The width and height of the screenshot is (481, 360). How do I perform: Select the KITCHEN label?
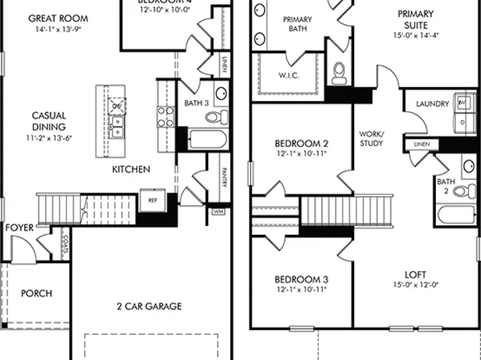[x=131, y=170]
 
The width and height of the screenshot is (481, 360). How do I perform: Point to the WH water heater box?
[x=216, y=211]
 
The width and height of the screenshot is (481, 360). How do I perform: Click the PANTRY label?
[x=223, y=176]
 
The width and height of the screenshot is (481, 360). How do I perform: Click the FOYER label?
[x=19, y=228]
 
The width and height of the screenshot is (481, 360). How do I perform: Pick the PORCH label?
[x=36, y=294]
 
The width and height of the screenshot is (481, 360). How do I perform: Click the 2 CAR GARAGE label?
[x=149, y=306]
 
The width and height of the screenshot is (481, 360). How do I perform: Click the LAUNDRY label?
[x=432, y=104]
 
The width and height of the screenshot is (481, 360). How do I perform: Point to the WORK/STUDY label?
[x=371, y=140]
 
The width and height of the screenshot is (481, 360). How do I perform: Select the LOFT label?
[x=415, y=274]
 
